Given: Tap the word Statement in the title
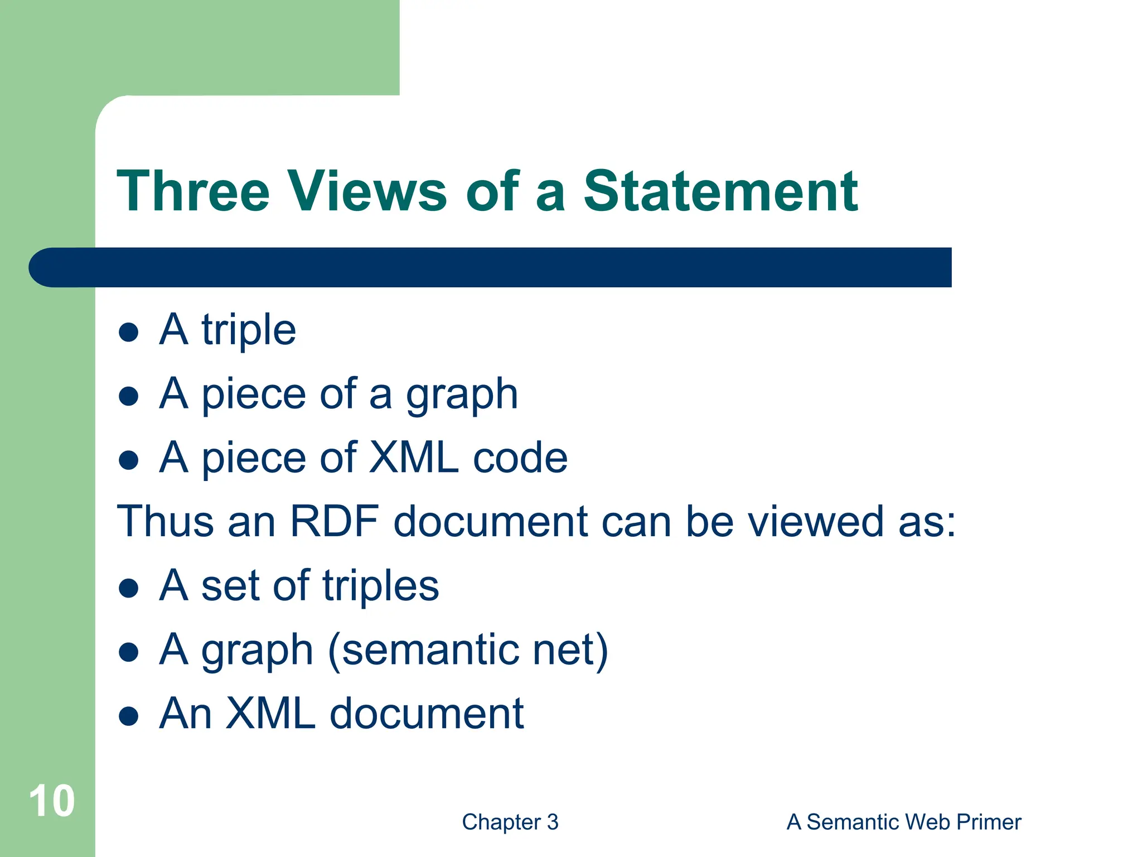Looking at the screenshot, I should point(720,191).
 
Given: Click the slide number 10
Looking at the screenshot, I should point(51,801).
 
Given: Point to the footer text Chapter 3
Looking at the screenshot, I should point(510,822).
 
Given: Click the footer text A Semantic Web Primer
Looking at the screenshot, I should point(903,822).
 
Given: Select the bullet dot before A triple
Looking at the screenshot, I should point(129,332).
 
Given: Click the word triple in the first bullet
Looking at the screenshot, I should point(249,330).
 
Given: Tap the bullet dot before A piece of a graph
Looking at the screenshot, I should point(129,396).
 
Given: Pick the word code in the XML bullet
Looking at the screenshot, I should point(520,458).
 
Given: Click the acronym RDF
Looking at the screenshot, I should point(335,522).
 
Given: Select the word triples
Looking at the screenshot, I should point(380,586).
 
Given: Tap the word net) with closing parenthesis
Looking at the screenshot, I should point(570,650).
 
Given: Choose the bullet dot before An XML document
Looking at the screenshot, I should point(129,716).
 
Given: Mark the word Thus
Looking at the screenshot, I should point(165,522).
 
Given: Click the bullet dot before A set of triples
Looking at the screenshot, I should point(129,588).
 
